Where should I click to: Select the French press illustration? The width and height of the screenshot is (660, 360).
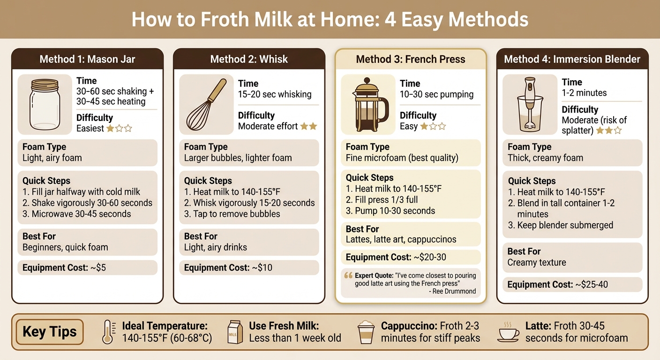tap(368, 105)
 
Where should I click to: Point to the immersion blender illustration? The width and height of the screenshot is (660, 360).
tap(530, 105)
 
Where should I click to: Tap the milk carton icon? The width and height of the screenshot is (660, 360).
tap(234, 332)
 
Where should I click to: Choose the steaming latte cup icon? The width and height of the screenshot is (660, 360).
tap(509, 332)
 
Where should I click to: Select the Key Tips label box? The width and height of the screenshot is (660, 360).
tap(50, 332)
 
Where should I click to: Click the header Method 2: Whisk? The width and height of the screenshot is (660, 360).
tap(249, 59)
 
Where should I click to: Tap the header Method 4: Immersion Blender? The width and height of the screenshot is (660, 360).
tap(572, 59)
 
